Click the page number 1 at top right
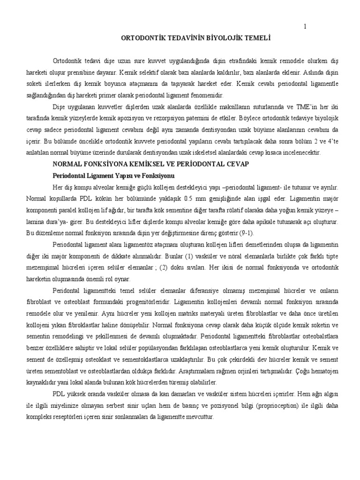pos(305,27)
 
